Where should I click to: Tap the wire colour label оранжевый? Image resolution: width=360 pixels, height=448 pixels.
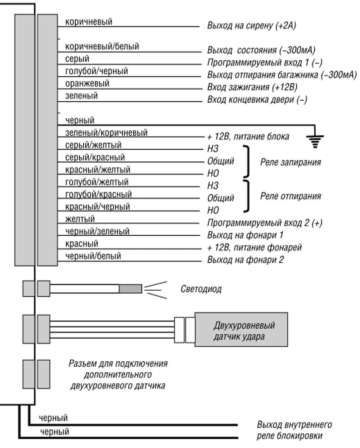click(87, 83)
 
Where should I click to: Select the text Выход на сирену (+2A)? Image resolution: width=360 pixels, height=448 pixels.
click(251, 26)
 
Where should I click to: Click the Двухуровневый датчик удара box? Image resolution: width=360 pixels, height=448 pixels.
click(241, 331)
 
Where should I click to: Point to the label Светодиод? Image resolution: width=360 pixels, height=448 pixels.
click(201, 289)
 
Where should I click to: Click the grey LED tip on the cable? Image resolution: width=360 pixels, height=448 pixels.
click(131, 289)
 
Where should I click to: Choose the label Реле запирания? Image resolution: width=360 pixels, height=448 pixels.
click(290, 162)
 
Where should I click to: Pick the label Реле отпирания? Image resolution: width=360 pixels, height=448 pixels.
click(290, 196)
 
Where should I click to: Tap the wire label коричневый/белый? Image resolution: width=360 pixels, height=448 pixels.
click(102, 46)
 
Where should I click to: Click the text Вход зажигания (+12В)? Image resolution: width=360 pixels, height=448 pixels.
click(252, 87)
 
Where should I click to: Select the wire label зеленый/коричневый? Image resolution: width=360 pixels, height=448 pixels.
click(106, 133)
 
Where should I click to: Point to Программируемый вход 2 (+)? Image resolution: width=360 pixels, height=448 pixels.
click(265, 223)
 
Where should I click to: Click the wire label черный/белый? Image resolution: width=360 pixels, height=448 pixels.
click(93, 256)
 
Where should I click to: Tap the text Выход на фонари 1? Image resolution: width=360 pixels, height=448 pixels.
click(245, 235)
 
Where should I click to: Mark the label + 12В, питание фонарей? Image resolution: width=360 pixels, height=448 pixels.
click(254, 248)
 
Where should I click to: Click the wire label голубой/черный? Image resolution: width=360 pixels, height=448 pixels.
click(96, 71)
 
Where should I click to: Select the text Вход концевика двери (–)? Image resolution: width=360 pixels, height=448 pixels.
click(257, 100)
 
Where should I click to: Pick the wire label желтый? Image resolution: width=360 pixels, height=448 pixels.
click(80, 219)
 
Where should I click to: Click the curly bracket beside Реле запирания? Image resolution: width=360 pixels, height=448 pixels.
click(247, 162)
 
